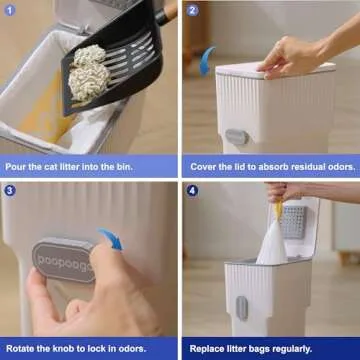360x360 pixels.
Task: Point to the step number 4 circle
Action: click(x=193, y=191)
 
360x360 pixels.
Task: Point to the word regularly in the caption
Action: click(x=310, y=347)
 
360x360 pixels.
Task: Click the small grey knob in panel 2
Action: click(x=236, y=136)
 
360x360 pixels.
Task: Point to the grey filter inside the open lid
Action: click(x=292, y=220)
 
